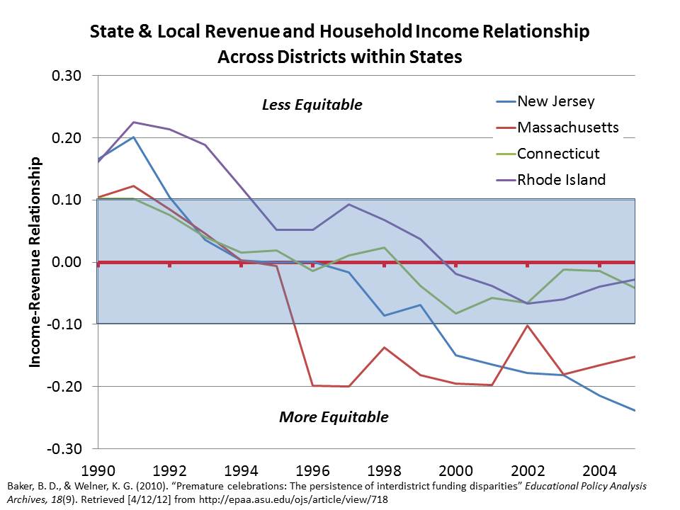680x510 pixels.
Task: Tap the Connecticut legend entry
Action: [x=558, y=154]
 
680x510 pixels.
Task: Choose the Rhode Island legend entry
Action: [x=562, y=180]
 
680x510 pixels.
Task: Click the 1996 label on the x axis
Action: [x=312, y=470]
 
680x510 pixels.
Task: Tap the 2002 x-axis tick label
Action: [x=527, y=470]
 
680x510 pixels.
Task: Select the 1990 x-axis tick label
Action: [x=98, y=470]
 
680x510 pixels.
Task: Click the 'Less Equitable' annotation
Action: [x=312, y=105]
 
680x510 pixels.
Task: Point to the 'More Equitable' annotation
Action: [x=334, y=416]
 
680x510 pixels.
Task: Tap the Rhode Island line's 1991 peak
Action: [x=133, y=122]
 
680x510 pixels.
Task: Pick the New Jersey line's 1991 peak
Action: [x=133, y=137]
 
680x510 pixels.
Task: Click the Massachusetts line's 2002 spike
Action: [x=527, y=326]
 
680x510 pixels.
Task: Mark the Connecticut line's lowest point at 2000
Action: [x=455, y=313]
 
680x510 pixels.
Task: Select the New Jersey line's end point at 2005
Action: [x=635, y=410]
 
